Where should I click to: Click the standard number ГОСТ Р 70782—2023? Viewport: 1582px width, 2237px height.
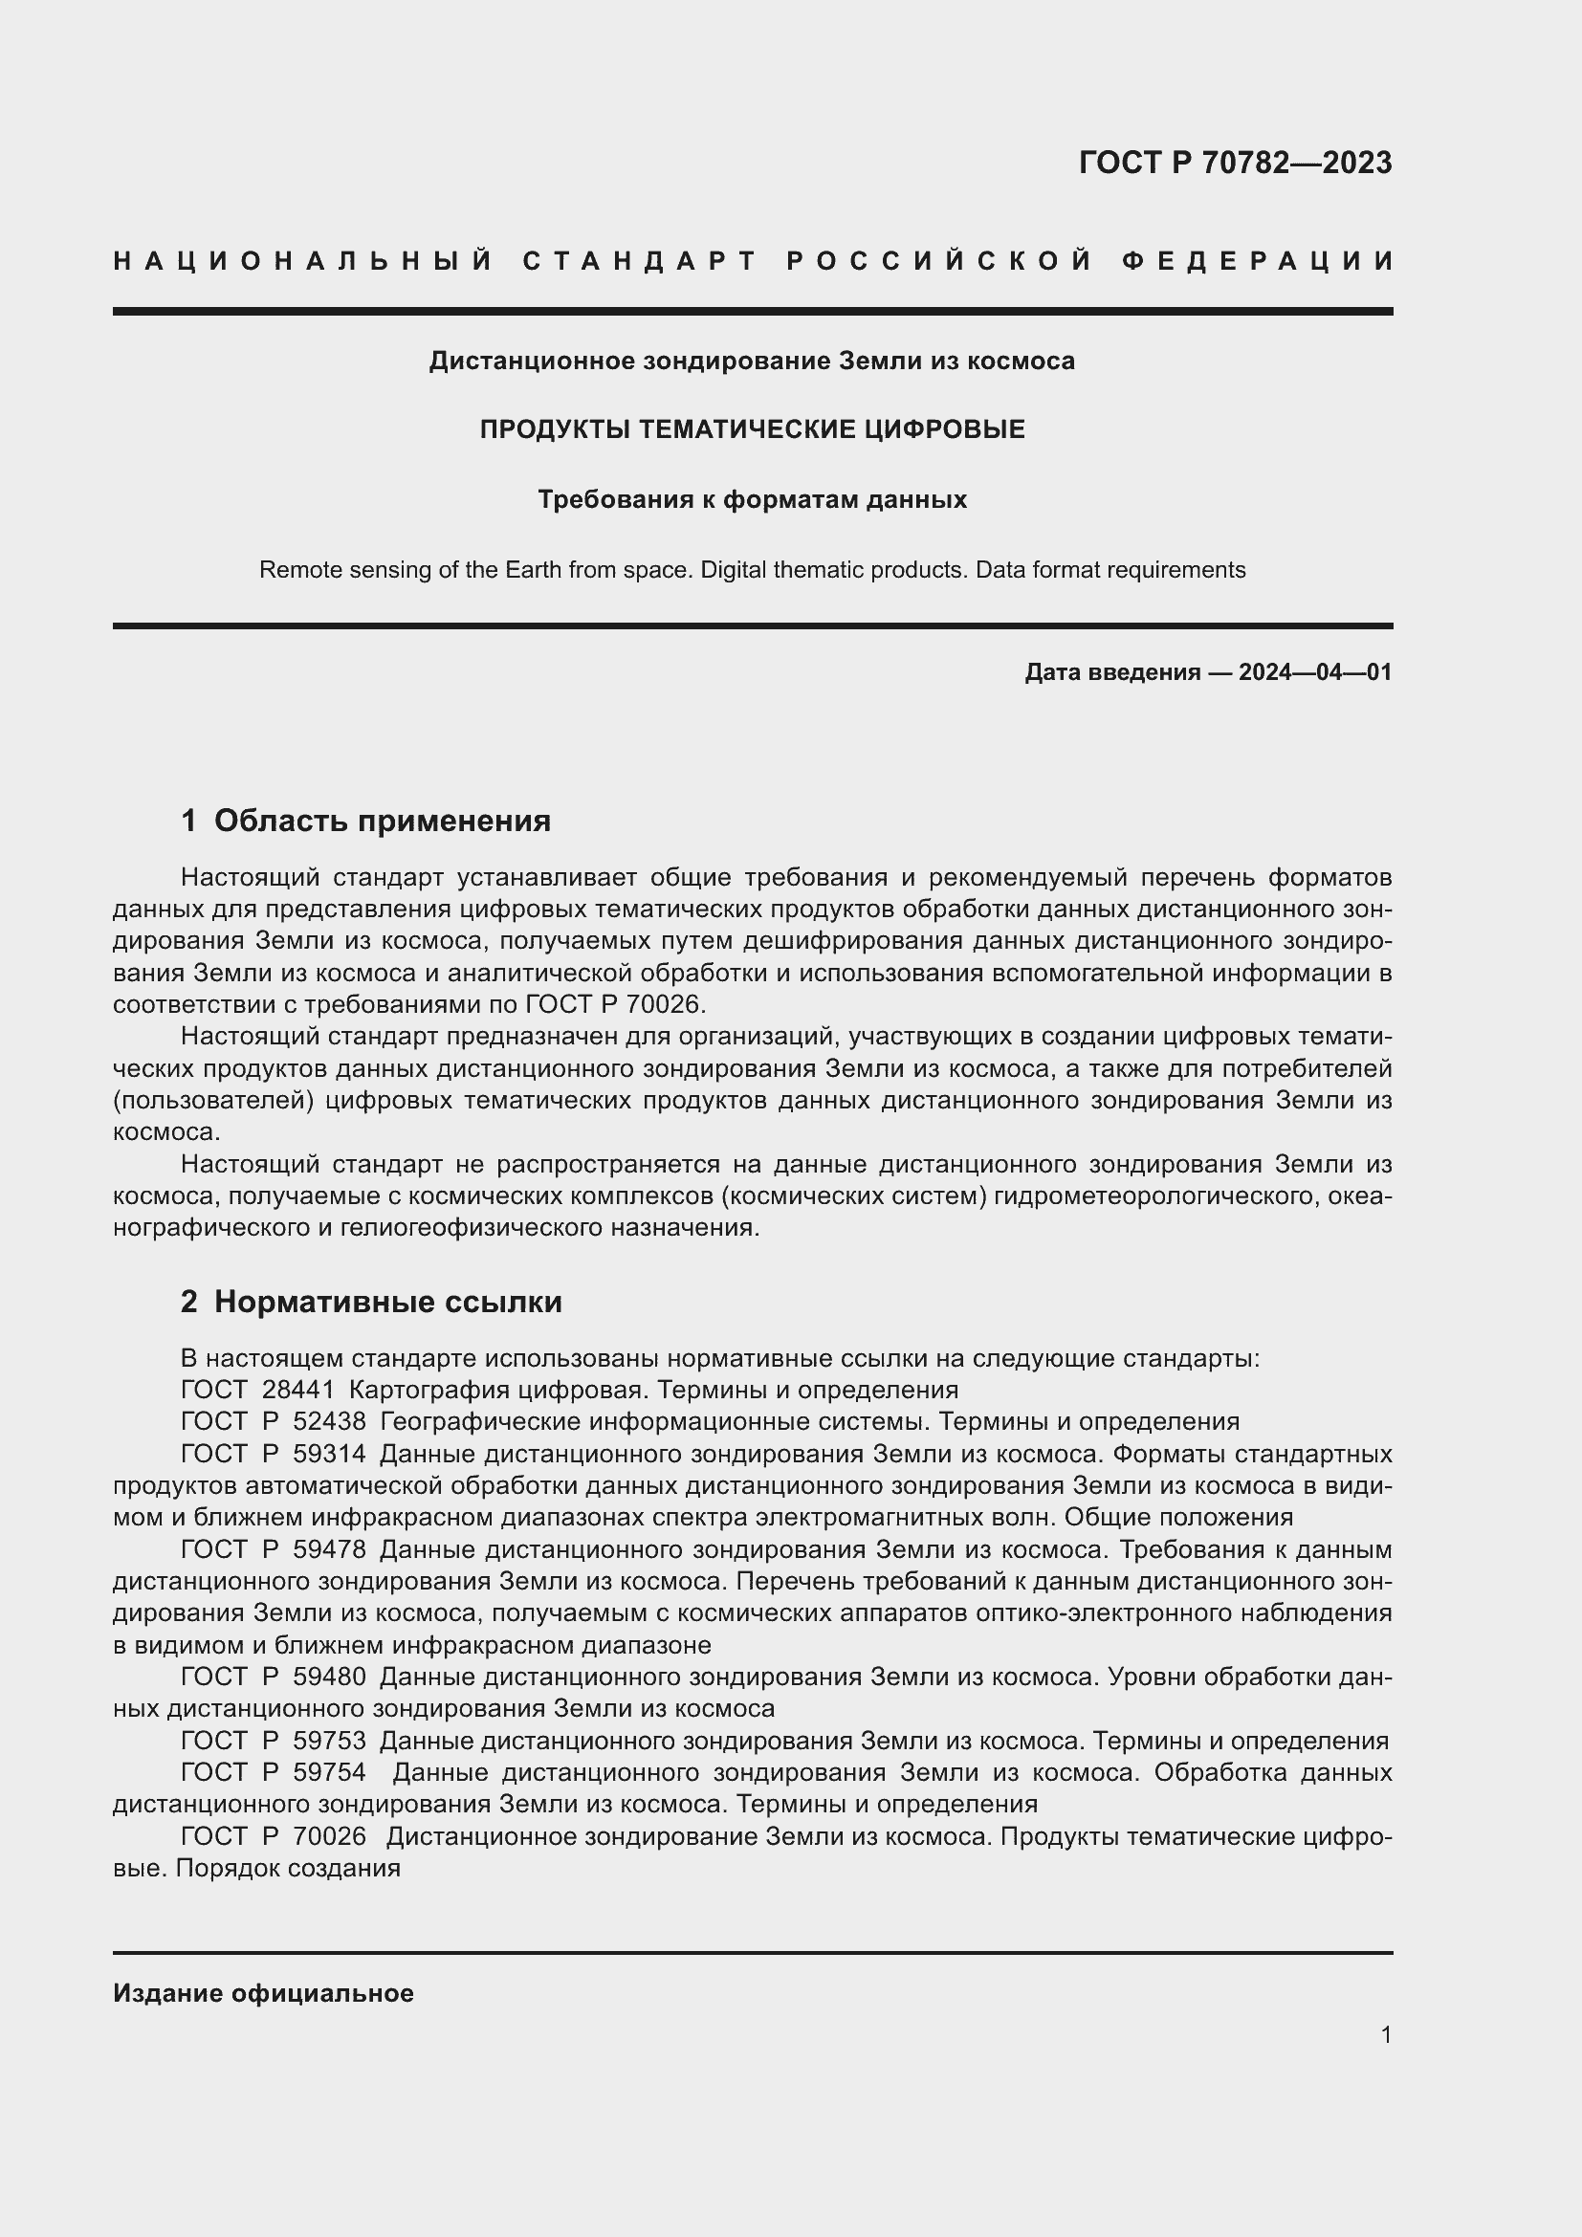click(1234, 163)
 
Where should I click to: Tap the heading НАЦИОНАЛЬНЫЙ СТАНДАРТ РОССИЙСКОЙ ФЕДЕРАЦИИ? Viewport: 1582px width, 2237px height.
click(753, 261)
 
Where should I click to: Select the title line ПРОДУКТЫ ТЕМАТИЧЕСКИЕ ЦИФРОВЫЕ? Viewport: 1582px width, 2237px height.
click(752, 429)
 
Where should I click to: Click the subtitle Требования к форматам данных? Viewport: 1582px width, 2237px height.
click(752, 500)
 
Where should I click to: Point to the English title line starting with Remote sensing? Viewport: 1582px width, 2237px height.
click(752, 570)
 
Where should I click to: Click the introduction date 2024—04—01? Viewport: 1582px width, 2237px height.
click(1314, 672)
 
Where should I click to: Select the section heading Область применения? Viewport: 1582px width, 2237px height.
click(382, 821)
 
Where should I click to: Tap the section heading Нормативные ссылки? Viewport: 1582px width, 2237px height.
click(387, 1302)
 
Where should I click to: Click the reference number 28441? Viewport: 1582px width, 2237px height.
click(298, 1390)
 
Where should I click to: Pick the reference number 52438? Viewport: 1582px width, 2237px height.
click(329, 1421)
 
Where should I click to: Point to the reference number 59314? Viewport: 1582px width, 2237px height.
click(329, 1454)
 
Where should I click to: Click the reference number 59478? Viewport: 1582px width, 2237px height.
click(329, 1549)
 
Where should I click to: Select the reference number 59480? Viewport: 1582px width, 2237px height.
click(329, 1677)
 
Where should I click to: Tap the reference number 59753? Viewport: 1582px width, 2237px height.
click(329, 1740)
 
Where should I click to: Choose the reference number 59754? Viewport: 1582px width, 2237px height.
click(329, 1772)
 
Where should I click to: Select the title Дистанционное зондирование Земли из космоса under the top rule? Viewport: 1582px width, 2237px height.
click(752, 362)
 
